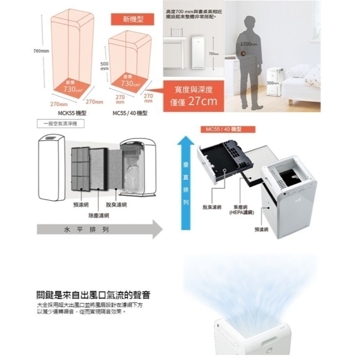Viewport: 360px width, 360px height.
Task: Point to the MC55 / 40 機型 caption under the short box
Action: point(130,113)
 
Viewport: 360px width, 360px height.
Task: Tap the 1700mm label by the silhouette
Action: point(248,44)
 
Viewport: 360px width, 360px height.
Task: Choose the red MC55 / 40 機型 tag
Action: point(223,129)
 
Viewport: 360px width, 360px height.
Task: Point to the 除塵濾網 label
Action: point(98,215)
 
